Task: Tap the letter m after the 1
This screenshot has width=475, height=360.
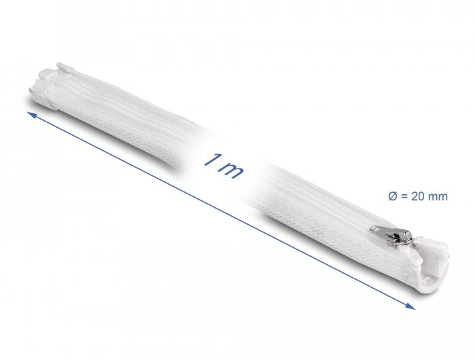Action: click(x=231, y=170)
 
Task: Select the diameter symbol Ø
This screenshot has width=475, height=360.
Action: click(x=392, y=196)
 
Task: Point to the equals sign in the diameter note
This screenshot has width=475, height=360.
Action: click(x=404, y=197)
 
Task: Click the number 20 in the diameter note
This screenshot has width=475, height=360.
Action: click(x=418, y=196)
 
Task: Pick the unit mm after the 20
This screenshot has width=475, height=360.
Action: click(x=438, y=198)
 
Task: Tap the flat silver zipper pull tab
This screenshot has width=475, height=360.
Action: click(x=381, y=230)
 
